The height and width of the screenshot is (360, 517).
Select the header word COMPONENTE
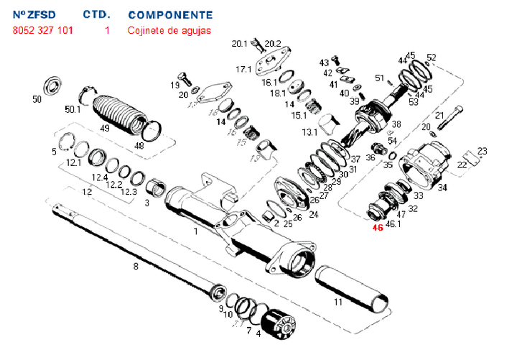[170, 14]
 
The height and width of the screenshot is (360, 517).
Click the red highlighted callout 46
[378, 229]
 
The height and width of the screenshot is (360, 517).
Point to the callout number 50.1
[73, 110]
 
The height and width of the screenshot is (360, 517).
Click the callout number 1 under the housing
[195, 231]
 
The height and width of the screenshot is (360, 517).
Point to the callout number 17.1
[243, 69]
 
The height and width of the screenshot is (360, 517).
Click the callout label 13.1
[309, 132]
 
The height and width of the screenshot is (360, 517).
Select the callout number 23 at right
[482, 151]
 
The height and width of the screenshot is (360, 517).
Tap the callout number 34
[442, 188]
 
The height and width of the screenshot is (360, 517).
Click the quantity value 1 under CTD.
[107, 30]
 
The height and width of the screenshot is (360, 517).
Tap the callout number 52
[431, 57]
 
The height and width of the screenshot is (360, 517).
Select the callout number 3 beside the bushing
[147, 203]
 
